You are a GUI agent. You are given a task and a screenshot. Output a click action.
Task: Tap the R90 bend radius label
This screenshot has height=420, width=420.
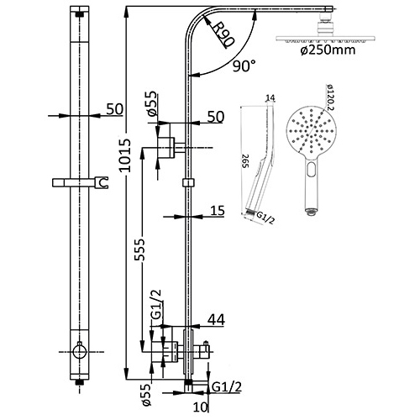tap(223, 35)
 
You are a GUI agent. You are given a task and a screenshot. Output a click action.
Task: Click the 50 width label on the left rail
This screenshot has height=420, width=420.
tap(114, 108)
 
